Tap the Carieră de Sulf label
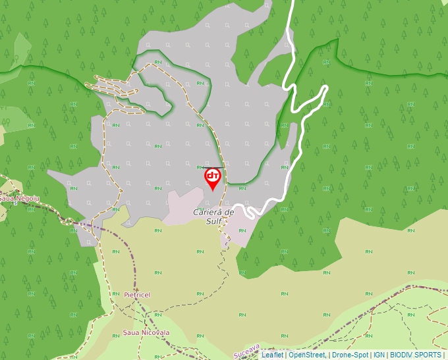pyautogui.click(x=213, y=217)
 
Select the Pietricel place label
pyautogui.click(x=137, y=295)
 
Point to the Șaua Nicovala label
pyautogui.click(x=146, y=332)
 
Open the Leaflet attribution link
pyautogui.click(x=272, y=355)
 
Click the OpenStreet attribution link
pyautogui.click(x=307, y=355)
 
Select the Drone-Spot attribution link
pyautogui.click(x=350, y=355)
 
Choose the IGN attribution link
pyautogui.click(x=379, y=355)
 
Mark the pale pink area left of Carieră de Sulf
pyautogui.click(x=184, y=204)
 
